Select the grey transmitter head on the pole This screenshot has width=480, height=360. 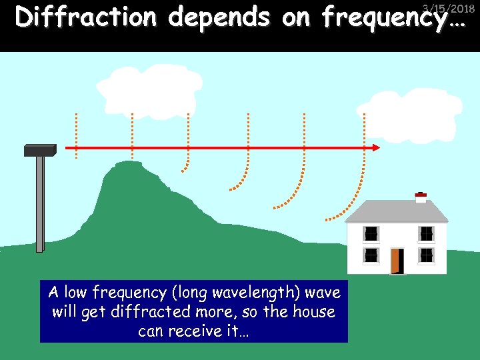coord(40,150)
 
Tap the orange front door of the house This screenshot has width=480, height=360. coord(397,261)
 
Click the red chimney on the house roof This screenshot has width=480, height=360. coord(421,197)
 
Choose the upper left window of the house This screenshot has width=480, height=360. coord(371,233)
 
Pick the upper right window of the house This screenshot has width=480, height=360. coord(426,233)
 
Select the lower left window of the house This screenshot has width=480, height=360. coord(371,255)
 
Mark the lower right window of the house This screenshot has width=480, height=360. coord(426,255)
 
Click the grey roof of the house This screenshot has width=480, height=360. coord(397,212)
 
